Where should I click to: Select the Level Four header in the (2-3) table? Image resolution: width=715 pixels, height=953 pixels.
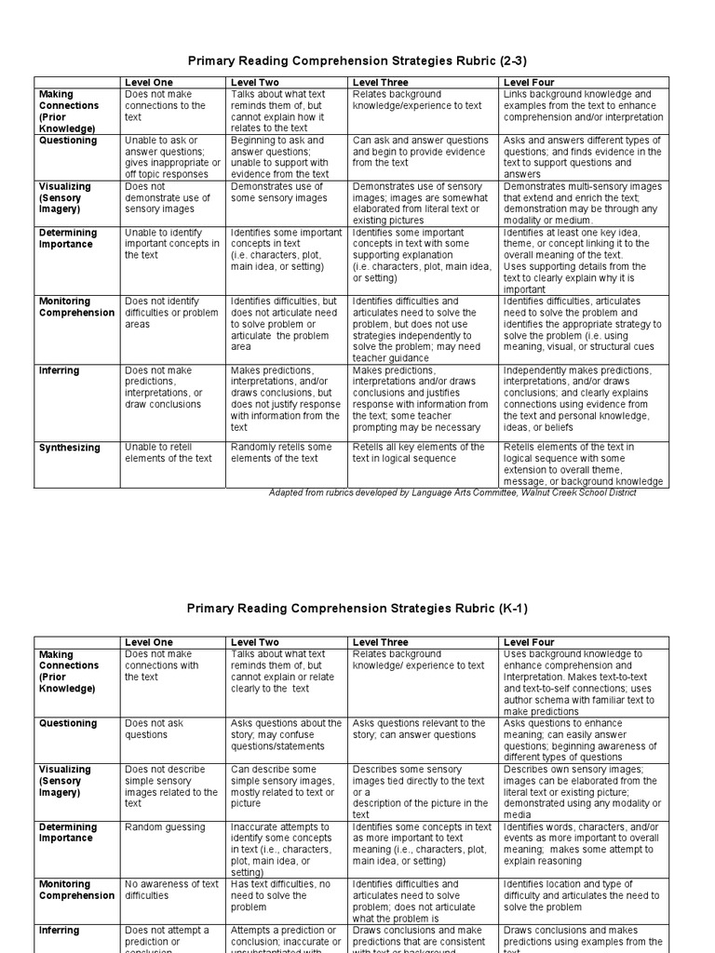(529, 83)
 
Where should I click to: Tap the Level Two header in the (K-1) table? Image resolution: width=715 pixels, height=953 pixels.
(254, 642)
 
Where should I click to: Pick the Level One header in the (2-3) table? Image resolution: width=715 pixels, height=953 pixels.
(149, 83)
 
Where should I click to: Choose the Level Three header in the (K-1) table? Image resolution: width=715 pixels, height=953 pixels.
(380, 642)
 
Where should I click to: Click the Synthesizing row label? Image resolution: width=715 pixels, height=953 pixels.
(70, 448)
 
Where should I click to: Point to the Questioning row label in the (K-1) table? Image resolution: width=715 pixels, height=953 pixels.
(68, 723)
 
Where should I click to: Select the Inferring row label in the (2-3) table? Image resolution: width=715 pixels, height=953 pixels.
(59, 370)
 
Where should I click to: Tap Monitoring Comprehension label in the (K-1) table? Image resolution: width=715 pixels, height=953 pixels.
(76, 890)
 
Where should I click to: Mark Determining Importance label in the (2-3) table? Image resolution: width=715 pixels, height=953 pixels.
(68, 238)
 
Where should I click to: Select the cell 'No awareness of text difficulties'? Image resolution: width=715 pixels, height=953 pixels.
(170, 890)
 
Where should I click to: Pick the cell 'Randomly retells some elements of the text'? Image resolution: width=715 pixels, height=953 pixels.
(280, 452)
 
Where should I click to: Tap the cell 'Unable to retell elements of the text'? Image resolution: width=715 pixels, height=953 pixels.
(169, 452)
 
